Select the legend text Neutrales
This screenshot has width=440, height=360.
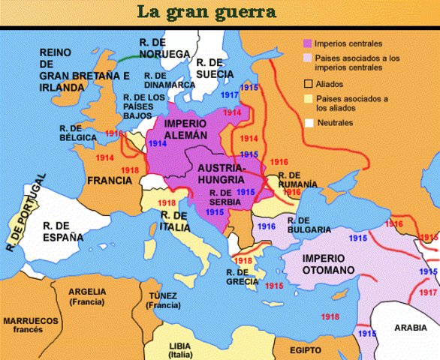click(334, 122)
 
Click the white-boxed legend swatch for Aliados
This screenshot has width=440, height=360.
click(308, 83)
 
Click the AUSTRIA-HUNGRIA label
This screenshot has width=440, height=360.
click(221, 174)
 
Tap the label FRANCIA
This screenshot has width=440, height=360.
click(110, 181)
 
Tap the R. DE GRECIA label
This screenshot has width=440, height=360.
click(242, 277)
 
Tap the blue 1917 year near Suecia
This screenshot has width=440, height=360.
click(229, 95)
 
